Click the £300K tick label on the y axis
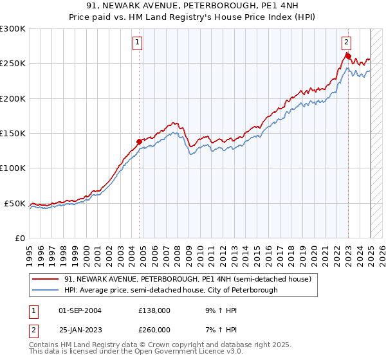click(13, 29)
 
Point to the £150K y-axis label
click(13, 134)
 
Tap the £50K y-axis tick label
click(15, 203)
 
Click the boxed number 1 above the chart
click(138, 43)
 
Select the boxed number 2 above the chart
click(346, 43)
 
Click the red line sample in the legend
click(46, 279)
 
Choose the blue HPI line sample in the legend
click(46, 290)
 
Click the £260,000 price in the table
click(154, 330)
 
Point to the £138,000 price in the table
click(154, 310)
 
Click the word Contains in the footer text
click(46, 345)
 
